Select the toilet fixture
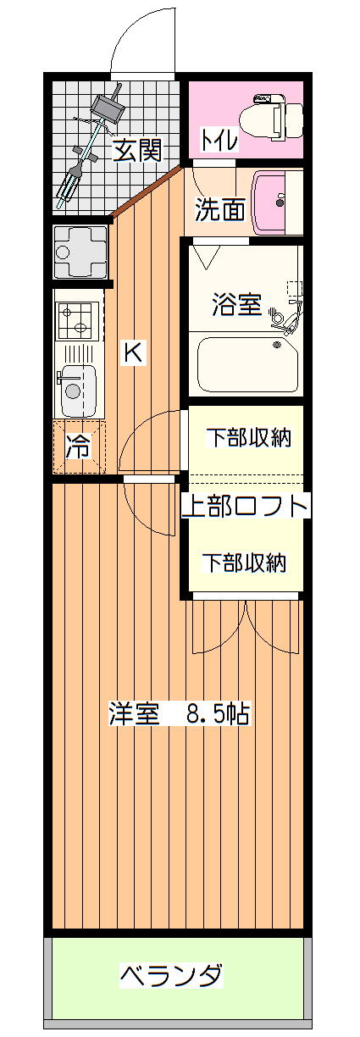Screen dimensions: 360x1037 coord(278,116)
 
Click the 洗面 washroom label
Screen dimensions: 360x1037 coord(219,211)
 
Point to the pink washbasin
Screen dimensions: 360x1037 coord(277,202)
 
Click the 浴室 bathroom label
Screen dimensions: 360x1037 coord(237,305)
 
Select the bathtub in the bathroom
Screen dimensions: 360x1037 coord(247,365)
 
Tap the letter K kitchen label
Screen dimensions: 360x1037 coord(133,353)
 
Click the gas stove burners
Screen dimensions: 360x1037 coord(76,320)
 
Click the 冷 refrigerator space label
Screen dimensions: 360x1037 coord(78,446)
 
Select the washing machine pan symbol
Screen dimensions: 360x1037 coord(80,252)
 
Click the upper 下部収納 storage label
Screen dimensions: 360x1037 coord(248,437)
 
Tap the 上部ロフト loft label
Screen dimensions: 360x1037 coord(244,506)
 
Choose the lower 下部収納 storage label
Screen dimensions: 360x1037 coord(245,563)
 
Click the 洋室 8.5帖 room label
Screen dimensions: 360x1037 coord(179,713)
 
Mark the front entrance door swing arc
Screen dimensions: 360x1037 coord(132,28)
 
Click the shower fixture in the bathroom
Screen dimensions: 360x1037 coord(288,310)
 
